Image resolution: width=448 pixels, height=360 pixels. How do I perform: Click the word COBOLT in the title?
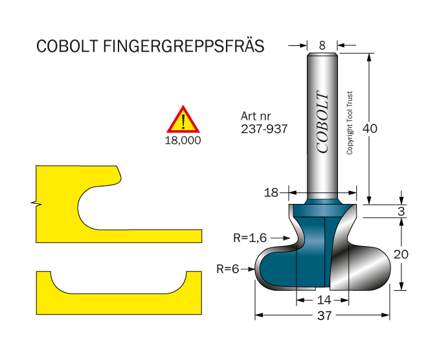[x=67, y=47]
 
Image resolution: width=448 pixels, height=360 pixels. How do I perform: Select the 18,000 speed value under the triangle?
[x=185, y=140]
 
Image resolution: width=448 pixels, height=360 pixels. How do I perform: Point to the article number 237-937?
[x=264, y=129]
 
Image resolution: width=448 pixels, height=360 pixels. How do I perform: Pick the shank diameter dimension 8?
[x=322, y=45]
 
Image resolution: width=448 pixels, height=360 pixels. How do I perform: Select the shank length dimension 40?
[x=370, y=128]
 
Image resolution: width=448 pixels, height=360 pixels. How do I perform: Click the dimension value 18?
[x=271, y=192]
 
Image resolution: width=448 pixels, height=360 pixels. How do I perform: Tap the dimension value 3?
[x=402, y=211]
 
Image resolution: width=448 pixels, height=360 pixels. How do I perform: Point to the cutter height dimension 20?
[x=401, y=254]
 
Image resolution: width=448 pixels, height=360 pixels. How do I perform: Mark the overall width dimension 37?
[x=322, y=316]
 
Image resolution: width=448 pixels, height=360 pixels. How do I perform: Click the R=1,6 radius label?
[x=250, y=238]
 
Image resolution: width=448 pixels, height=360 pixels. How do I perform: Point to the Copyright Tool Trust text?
[x=350, y=122]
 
